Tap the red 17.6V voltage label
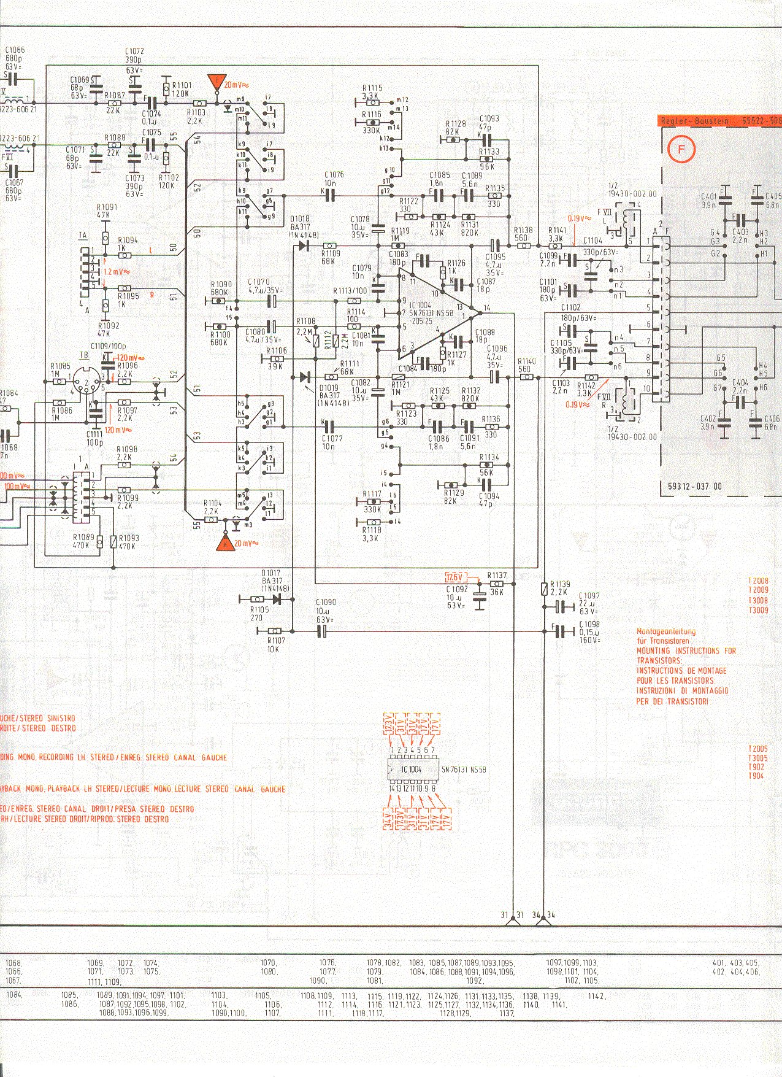(x=454, y=577)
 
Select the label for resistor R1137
(x=497, y=575)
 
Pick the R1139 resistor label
(x=561, y=584)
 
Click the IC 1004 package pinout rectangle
(x=413, y=769)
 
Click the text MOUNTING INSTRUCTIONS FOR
(x=686, y=650)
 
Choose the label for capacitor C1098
(x=590, y=624)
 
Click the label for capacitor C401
(x=708, y=197)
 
